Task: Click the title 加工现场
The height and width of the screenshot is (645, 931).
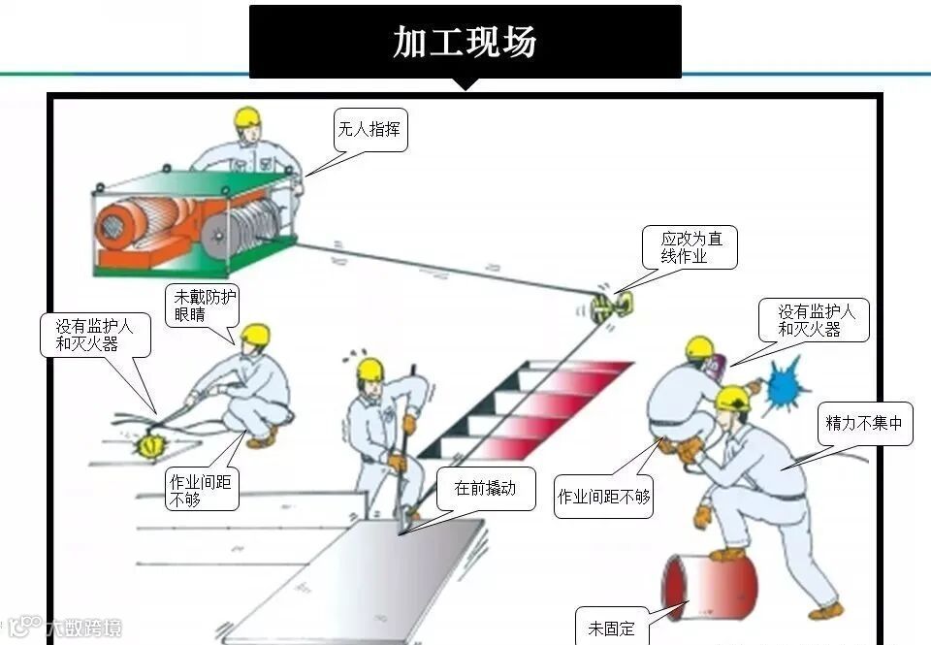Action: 465,42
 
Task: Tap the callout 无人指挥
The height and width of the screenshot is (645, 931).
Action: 369,129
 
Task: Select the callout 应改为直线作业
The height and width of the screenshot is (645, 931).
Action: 690,247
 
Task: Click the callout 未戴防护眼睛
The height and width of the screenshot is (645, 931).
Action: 205,305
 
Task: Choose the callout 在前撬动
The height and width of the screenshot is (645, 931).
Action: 484,489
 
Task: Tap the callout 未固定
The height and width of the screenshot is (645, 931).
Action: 611,628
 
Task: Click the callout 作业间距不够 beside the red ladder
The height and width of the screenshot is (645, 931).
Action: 603,497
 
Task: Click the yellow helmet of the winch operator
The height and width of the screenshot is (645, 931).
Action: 247,117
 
